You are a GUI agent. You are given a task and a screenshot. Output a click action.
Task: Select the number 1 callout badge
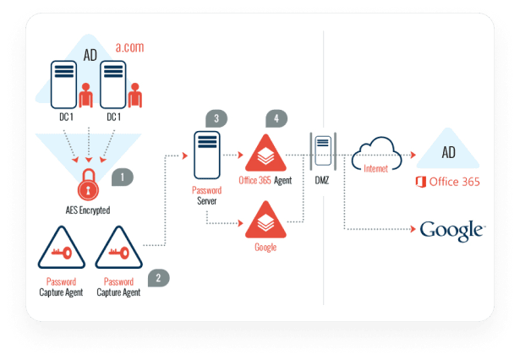coord(123,177)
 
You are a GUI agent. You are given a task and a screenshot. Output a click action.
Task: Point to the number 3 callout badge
coord(216,119)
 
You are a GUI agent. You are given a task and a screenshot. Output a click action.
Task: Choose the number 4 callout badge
coord(274,119)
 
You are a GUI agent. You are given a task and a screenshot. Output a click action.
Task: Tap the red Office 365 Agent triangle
coord(265,154)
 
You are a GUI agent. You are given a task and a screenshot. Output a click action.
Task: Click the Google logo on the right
coord(452,229)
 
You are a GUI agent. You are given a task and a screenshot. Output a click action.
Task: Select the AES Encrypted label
coord(89,209)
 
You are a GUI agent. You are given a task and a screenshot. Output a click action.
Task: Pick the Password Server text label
coord(206,197)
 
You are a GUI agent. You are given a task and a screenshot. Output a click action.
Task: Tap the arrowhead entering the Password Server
coord(186,155)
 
